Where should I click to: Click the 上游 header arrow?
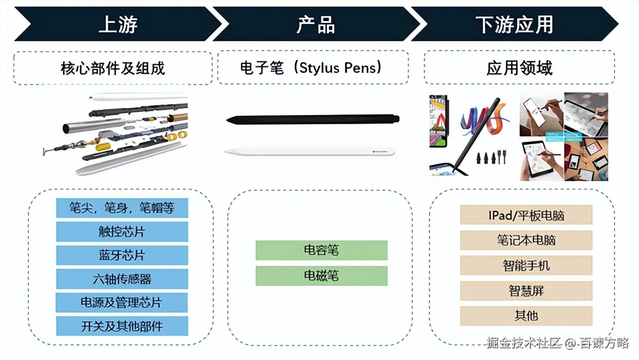pyautogui.click(x=118, y=24)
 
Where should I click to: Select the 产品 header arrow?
pyautogui.click(x=316, y=24)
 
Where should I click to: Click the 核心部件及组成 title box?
pyautogui.click(x=113, y=68)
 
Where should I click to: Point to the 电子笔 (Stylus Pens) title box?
pyautogui.click(x=313, y=68)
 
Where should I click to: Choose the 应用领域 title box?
pyautogui.click(x=519, y=68)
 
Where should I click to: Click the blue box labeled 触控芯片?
pyautogui.click(x=122, y=232)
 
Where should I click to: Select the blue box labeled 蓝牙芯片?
pyautogui.click(x=122, y=255)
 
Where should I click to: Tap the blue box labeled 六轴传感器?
pyautogui.click(x=122, y=279)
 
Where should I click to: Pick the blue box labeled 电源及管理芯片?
pyautogui.click(x=122, y=303)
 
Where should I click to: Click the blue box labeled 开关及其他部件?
pyautogui.click(x=122, y=326)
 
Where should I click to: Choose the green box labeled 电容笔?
pyautogui.click(x=321, y=250)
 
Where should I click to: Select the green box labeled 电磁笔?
pyautogui.click(x=321, y=276)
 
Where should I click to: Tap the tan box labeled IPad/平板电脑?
pyautogui.click(x=526, y=215)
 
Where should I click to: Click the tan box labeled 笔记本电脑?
pyautogui.click(x=526, y=240)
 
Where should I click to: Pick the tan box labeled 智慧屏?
pyautogui.click(x=526, y=291)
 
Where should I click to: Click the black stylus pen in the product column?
pyautogui.click(x=313, y=120)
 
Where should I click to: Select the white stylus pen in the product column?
pyautogui.click(x=309, y=151)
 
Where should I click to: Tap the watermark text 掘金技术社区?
pyautogui.click(x=524, y=343)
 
